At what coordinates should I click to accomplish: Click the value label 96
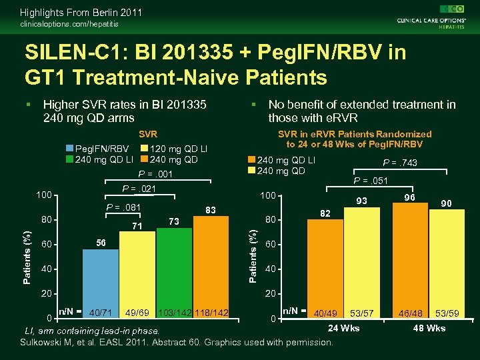[x=411, y=197]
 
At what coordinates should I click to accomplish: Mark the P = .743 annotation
[x=400, y=163]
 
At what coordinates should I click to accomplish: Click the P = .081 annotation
[x=124, y=207]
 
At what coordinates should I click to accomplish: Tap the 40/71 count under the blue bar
[x=101, y=312]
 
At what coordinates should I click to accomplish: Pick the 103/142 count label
[x=175, y=312]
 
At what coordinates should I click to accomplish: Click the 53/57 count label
[x=362, y=313]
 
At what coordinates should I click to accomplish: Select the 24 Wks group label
[x=344, y=328]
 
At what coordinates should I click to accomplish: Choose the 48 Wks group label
[x=429, y=328]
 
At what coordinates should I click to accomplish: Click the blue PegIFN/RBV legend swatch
[x=70, y=148]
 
